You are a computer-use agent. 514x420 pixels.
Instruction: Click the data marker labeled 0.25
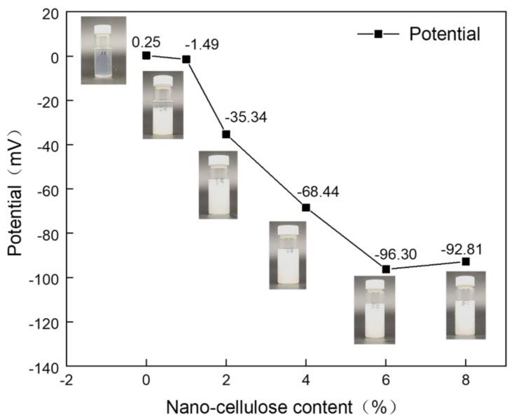(x=146, y=55)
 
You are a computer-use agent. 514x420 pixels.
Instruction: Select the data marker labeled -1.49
(x=186, y=59)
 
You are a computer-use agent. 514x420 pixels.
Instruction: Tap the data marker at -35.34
(x=226, y=134)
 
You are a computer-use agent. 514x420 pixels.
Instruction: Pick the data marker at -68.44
(x=306, y=208)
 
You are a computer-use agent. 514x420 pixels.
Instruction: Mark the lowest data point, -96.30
(x=386, y=269)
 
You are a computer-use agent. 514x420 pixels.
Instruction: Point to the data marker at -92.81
(x=466, y=262)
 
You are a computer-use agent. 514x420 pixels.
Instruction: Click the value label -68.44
(x=318, y=191)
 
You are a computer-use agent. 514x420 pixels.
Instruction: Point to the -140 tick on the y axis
(x=46, y=366)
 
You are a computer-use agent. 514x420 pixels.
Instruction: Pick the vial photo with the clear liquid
(x=104, y=50)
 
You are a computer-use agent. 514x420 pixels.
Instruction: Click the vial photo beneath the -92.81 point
(x=466, y=306)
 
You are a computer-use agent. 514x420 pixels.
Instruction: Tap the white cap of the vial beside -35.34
(x=218, y=160)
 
